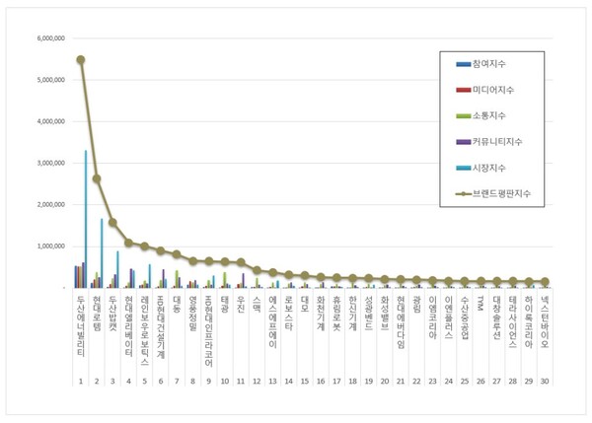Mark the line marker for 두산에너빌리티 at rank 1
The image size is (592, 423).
pyautogui.click(x=81, y=59)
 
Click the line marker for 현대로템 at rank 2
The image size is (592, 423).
pyautogui.click(x=97, y=178)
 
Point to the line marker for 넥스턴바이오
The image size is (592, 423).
pyautogui.click(x=545, y=281)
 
